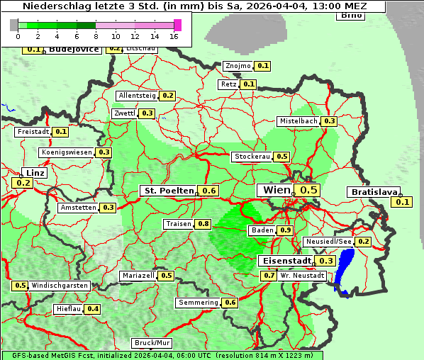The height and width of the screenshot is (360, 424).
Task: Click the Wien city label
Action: point(276,190)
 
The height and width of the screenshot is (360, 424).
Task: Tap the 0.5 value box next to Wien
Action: point(309,190)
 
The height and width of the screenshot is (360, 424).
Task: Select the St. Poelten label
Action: point(168,191)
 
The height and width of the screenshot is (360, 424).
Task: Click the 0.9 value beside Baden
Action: point(285,230)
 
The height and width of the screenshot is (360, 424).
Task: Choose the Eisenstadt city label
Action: point(284,261)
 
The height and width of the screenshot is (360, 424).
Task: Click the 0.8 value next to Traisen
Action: point(203,224)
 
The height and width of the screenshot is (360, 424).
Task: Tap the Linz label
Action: point(34,173)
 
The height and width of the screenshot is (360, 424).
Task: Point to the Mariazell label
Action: point(138,276)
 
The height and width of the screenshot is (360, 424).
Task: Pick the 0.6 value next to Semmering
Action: point(230,303)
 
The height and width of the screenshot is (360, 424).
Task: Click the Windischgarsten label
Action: point(60,286)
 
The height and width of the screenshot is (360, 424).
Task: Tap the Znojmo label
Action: point(237,66)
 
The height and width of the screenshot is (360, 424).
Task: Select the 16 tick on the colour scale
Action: point(174,35)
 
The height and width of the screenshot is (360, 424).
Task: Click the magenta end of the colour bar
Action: point(177,25)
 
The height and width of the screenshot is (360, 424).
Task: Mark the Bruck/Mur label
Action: point(152,342)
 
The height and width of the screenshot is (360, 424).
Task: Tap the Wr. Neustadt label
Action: point(303,275)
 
